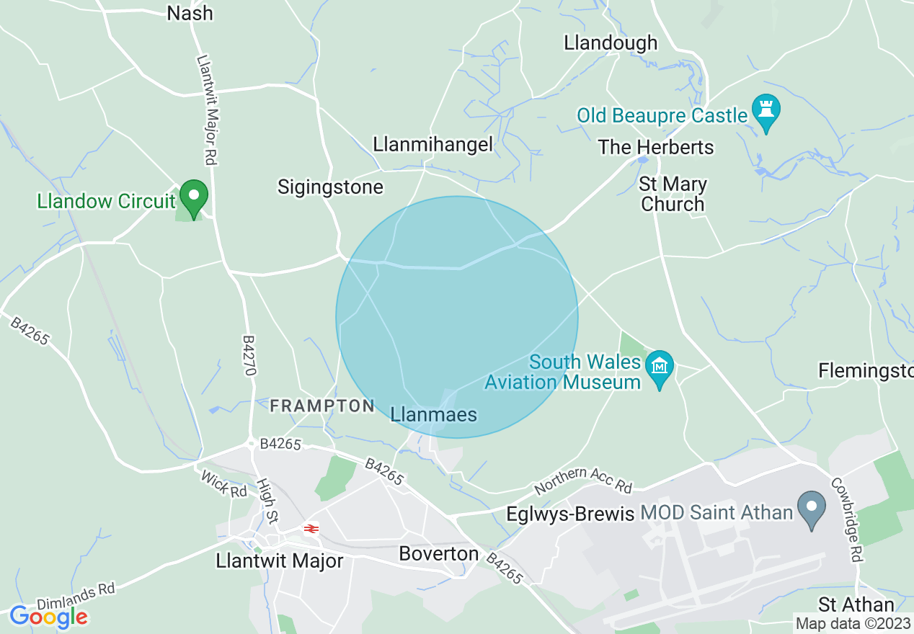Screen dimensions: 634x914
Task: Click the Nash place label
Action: [190, 13]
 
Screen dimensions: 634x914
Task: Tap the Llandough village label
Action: [611, 43]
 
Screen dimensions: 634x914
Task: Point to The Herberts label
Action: [655, 148]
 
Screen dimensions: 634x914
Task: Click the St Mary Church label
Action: [673, 195]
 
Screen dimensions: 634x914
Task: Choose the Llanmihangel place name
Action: [432, 145]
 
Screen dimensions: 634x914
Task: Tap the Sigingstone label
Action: [330, 188]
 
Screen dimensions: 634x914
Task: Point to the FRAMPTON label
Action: [322, 406]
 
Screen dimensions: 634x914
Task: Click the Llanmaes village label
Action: [433, 415]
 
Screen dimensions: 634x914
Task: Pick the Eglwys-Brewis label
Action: [569, 514]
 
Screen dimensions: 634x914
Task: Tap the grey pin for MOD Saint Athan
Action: [812, 508]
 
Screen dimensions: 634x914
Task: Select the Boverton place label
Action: [438, 554]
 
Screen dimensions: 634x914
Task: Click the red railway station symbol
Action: [311, 529]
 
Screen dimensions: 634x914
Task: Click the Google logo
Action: [48, 617]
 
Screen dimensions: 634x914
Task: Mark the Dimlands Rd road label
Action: [76, 599]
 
